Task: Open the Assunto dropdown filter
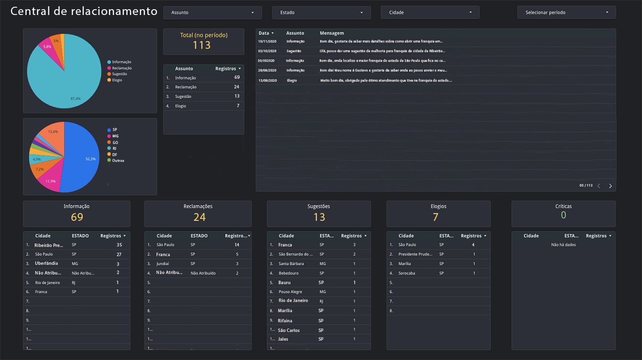point(212,13)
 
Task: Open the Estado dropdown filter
point(321,13)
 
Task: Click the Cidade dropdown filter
point(430,13)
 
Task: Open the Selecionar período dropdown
point(566,13)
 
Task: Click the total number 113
point(202,45)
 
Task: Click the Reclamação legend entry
point(121,68)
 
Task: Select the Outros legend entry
point(118,160)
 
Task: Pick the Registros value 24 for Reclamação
point(236,87)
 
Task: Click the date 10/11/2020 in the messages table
point(267,42)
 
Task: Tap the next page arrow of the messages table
point(610,186)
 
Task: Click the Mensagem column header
point(332,33)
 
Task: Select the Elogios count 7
point(436,217)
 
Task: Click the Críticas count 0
point(563,216)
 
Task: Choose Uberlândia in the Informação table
point(46,263)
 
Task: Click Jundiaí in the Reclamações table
point(163,264)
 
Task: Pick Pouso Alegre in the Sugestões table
point(290,292)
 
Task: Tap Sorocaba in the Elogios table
point(407,273)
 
